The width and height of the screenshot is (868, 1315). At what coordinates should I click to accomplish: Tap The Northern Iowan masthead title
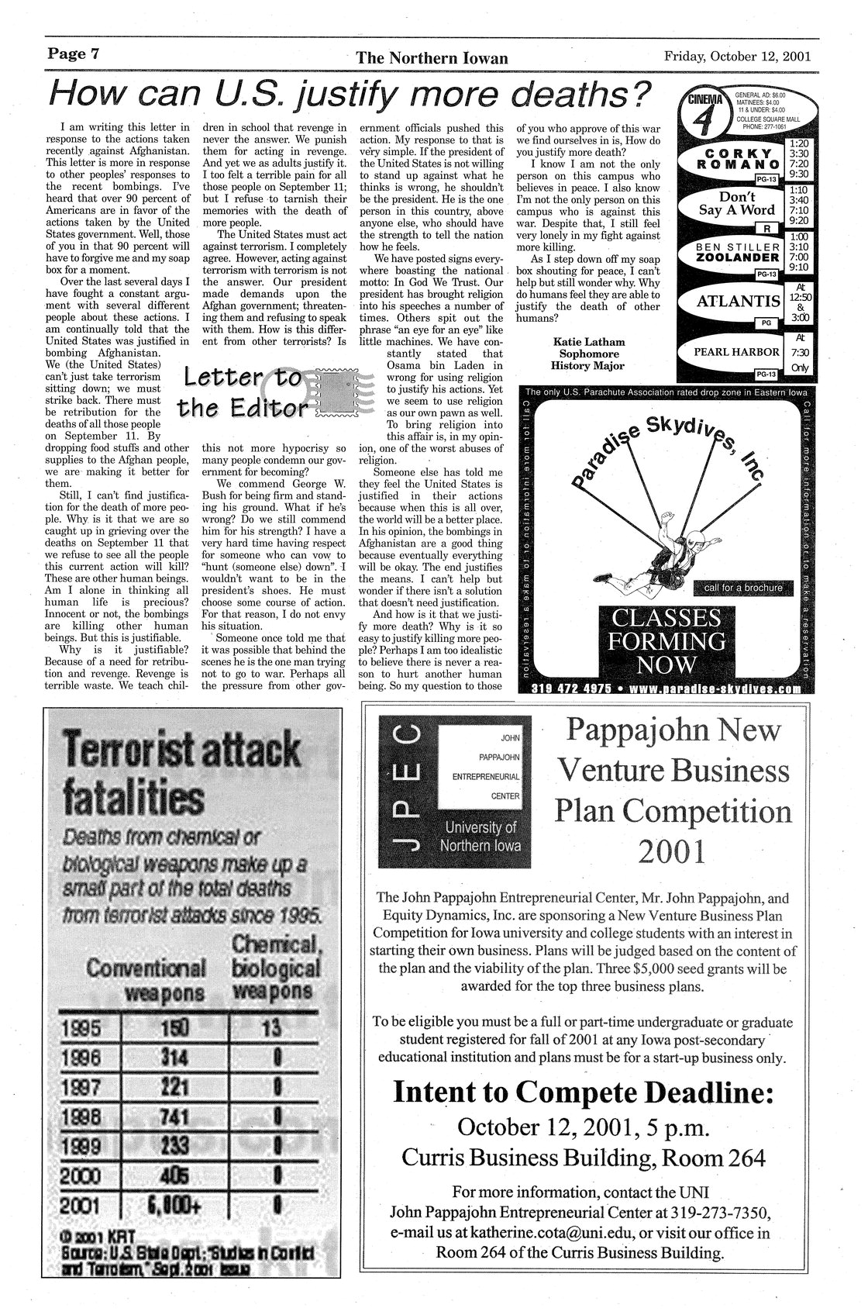(432, 58)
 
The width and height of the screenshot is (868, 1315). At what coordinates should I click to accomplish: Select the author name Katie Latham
(588, 341)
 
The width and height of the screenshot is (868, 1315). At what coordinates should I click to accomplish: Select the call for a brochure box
(742, 588)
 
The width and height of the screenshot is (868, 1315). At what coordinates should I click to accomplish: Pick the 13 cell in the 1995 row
(270, 1028)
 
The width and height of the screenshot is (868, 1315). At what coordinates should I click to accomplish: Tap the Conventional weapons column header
(146, 979)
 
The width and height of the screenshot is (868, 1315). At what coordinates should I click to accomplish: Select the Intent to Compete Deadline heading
(583, 1092)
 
